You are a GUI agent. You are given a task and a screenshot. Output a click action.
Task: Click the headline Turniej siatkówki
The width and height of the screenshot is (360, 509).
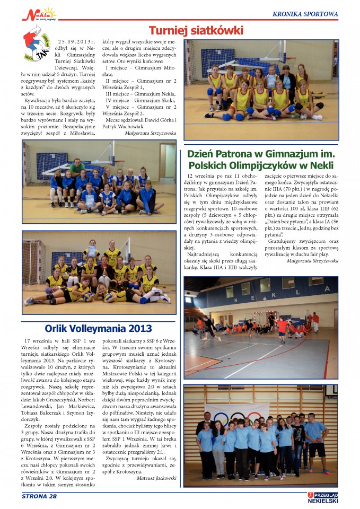(x=196, y=30)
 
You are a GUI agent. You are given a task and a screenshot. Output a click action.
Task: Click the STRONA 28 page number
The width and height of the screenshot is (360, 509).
(x=39, y=496)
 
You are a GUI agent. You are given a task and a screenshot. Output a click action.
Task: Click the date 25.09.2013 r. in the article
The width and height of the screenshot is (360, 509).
(x=77, y=41)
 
